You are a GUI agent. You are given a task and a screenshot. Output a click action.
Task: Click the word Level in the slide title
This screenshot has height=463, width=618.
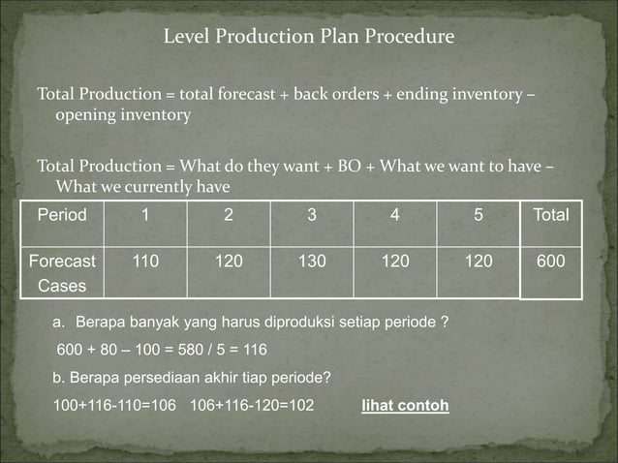pyautogui.click(x=185, y=38)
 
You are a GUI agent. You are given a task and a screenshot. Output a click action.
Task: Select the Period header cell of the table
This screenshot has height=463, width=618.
pyautogui.click(x=62, y=215)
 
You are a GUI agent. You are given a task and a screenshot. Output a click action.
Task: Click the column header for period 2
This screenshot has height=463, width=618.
pyautogui.click(x=229, y=215)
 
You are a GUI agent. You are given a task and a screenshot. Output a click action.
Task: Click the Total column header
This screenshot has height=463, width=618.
pyautogui.click(x=551, y=215)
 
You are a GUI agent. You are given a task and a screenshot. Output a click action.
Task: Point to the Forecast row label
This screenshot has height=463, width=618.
pyautogui.click(x=62, y=261)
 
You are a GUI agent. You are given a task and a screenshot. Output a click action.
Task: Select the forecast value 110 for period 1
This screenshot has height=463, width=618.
pyautogui.click(x=145, y=261)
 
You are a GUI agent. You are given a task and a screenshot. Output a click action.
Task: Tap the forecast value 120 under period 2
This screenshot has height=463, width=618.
pyautogui.click(x=229, y=261)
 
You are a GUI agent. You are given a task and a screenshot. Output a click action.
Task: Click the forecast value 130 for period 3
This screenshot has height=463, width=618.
pyautogui.click(x=312, y=261)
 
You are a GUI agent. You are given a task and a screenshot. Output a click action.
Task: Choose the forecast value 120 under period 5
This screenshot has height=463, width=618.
pyautogui.click(x=478, y=261)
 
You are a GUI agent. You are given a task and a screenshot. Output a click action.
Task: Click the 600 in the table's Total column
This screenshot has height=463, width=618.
pyautogui.click(x=551, y=261)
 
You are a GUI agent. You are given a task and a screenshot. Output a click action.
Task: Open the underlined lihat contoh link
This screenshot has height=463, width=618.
pyautogui.click(x=404, y=405)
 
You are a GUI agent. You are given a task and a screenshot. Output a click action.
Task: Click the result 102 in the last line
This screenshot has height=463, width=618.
pyautogui.click(x=300, y=405)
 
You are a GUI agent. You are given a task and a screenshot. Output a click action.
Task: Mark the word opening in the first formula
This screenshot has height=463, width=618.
pyautogui.click(x=83, y=115)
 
